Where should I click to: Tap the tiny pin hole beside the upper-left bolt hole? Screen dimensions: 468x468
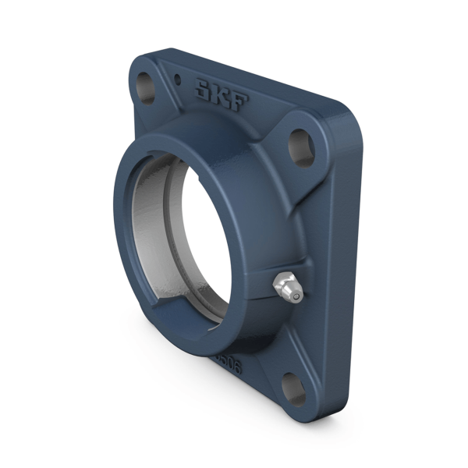click(179, 78)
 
